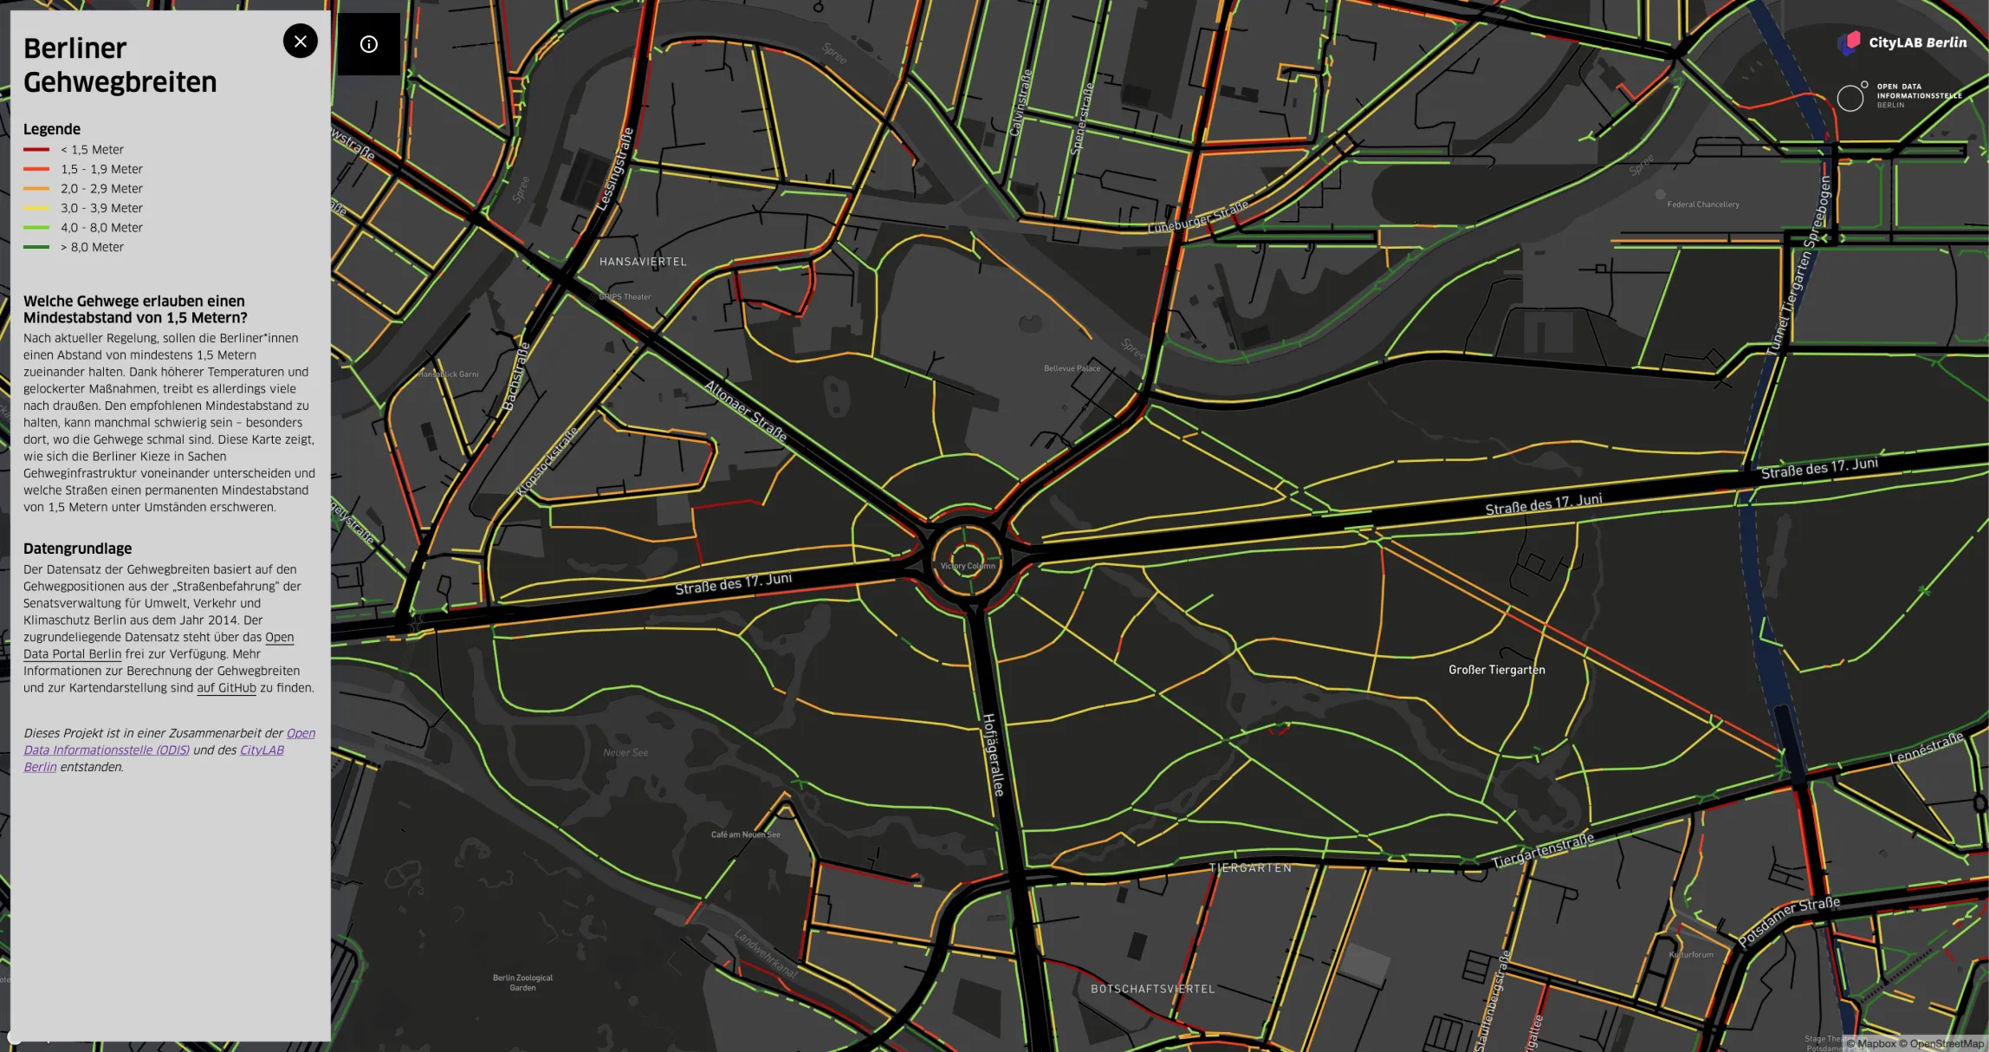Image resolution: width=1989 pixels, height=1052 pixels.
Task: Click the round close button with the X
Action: click(301, 41)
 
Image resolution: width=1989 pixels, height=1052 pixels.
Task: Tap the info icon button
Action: click(369, 44)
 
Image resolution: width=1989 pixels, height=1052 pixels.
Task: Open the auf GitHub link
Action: click(226, 688)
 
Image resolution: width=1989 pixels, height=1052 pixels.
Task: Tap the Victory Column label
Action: click(968, 566)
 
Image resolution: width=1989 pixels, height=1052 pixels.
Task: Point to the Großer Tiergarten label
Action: click(1496, 670)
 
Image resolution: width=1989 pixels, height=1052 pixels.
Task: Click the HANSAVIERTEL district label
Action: click(643, 262)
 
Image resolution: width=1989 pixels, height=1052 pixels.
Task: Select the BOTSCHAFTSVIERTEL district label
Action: click(1152, 989)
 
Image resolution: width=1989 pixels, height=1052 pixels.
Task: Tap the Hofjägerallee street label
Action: click(993, 754)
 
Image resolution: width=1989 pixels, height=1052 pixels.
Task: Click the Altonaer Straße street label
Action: click(746, 411)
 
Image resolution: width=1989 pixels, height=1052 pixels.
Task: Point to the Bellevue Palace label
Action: click(1072, 368)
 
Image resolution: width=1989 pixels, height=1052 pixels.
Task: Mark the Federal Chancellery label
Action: click(1702, 205)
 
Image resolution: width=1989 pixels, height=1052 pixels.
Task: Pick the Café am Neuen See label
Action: click(745, 834)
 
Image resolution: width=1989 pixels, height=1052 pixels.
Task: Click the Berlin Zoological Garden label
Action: click(522, 983)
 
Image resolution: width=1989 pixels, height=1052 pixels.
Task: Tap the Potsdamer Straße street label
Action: click(1788, 921)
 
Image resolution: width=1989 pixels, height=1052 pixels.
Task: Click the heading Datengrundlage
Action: click(78, 549)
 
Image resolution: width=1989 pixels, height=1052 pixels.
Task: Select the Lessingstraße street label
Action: click(616, 169)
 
